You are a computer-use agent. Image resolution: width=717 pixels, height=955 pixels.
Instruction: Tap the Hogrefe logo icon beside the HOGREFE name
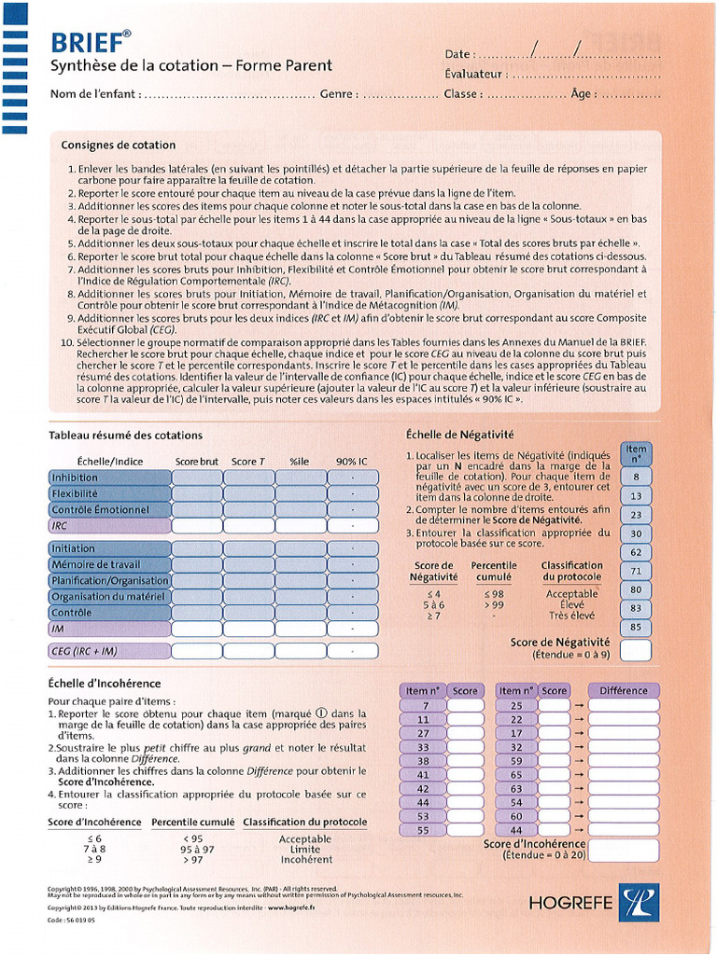point(638,902)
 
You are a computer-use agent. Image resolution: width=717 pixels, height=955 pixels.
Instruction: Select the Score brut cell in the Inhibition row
point(196,477)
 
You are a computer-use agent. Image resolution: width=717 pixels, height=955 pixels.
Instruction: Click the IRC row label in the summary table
point(109,526)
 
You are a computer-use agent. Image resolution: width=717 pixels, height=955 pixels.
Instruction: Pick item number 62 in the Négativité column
point(636,552)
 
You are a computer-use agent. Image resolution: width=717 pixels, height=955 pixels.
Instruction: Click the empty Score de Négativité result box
point(636,650)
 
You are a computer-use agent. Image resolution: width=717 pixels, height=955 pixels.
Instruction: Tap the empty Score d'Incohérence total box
point(623,851)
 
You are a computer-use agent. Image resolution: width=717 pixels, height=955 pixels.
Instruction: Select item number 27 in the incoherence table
point(422,733)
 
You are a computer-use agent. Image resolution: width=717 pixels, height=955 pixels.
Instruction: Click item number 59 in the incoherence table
point(515,761)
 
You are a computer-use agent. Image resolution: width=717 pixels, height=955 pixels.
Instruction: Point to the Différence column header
point(623,691)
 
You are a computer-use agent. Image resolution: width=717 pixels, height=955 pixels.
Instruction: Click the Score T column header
point(248,462)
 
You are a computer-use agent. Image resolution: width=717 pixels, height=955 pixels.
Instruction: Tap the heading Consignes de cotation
point(119,145)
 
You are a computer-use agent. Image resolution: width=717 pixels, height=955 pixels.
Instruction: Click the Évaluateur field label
point(475,75)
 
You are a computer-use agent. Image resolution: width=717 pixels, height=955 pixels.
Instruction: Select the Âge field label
point(582,94)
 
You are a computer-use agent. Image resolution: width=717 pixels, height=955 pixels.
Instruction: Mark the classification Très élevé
point(571,616)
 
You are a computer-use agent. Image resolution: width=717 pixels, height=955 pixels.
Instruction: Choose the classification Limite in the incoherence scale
point(304,849)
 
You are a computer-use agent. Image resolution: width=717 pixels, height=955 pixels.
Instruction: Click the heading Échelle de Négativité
point(460,435)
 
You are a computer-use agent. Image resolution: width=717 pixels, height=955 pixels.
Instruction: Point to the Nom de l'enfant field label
point(94,94)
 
